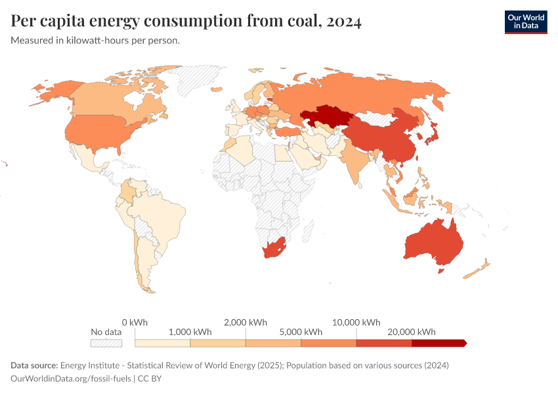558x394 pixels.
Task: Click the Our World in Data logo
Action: pos(525,22)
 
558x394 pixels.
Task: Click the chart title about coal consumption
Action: pos(186,21)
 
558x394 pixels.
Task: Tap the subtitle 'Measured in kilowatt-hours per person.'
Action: pos(96,41)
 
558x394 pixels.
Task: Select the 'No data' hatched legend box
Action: pos(106,343)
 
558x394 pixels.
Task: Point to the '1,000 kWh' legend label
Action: pos(190,332)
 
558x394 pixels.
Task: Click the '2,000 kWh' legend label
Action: pos(246,322)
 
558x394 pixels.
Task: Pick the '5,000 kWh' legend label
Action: pos(301,332)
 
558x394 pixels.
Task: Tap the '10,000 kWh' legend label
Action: pos(356,322)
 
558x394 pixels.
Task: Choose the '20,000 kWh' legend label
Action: pos(412,332)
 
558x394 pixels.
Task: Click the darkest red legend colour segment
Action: pos(439,343)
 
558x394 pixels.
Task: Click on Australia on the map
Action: pos(433,242)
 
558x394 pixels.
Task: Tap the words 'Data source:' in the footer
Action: pos(34,365)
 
